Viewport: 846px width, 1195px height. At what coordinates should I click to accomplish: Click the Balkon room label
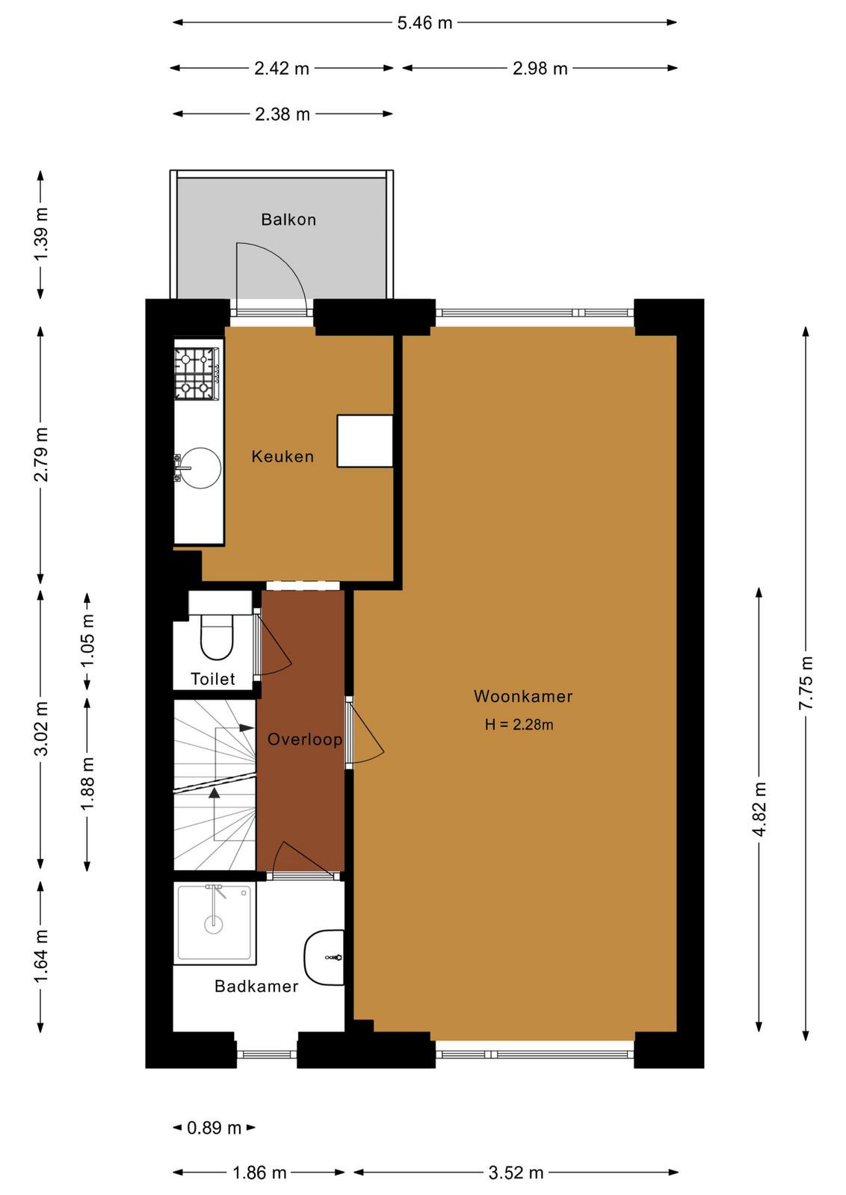(288, 220)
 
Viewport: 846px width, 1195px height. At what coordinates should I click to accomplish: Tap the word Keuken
(282, 456)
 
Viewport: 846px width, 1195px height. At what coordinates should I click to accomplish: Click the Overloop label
(304, 739)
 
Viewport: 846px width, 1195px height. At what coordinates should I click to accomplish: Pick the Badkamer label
(256, 986)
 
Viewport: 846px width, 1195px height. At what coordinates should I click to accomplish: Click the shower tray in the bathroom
(214, 923)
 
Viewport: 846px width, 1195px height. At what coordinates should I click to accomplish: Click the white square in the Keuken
(365, 441)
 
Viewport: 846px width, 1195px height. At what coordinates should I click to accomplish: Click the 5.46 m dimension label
(424, 23)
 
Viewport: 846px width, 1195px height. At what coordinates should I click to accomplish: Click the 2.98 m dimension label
(540, 68)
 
